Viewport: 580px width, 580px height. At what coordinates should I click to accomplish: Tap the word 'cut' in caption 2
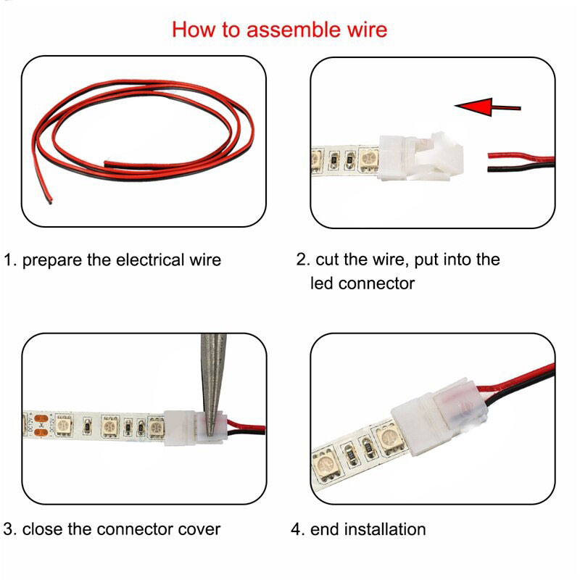point(328,259)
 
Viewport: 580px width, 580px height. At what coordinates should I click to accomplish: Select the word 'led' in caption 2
point(322,283)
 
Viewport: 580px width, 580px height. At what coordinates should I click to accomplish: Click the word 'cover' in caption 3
point(197,529)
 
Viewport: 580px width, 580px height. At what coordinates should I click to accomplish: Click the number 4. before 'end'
point(297,529)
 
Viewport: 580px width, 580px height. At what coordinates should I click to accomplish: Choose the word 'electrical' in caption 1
point(150,260)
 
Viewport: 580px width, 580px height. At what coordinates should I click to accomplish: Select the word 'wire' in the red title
point(365,30)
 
